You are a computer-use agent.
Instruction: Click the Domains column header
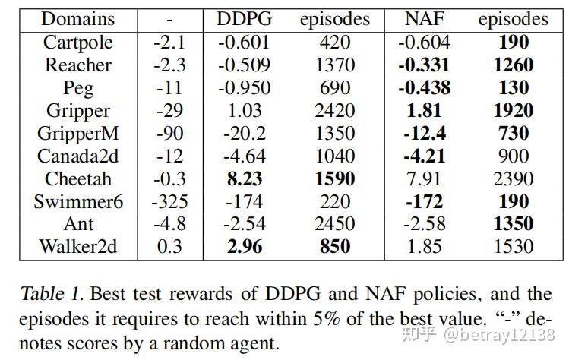[x=77, y=19]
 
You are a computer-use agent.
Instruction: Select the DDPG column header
[x=244, y=19]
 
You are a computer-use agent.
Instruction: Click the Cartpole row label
[x=77, y=43]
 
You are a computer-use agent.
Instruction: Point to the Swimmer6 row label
[x=77, y=201]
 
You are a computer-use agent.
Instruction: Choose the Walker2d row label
[x=77, y=247]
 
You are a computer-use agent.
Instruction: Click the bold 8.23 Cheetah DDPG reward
[x=244, y=179]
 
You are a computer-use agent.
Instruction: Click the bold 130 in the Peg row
[x=513, y=88]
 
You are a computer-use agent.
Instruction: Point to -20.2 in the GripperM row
[x=244, y=134]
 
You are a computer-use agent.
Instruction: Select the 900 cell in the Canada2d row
[x=513, y=156]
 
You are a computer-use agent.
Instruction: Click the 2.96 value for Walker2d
[x=244, y=247]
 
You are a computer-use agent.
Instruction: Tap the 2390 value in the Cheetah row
[x=513, y=179]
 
